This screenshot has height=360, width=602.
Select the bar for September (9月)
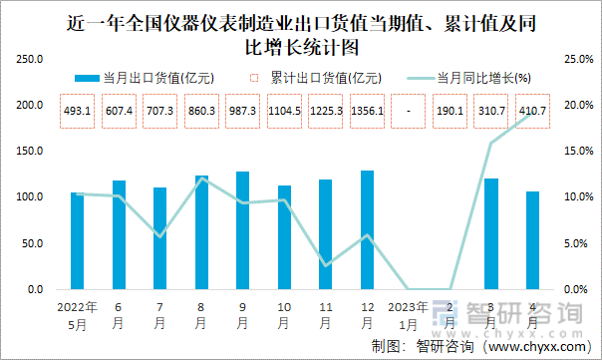click(x=242, y=230)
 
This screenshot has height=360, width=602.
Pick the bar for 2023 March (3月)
click(x=490, y=234)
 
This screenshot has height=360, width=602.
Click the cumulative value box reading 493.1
click(x=77, y=109)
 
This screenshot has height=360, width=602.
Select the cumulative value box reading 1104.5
click(x=284, y=109)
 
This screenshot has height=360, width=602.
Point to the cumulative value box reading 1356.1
click(x=367, y=109)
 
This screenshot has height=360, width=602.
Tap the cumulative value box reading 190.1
click(x=450, y=109)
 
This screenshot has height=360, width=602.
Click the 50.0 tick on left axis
click(x=31, y=243)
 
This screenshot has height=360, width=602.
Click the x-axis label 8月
click(x=201, y=315)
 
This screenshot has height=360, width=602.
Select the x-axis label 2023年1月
click(x=408, y=315)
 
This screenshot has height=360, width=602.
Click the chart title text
click(x=301, y=33)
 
